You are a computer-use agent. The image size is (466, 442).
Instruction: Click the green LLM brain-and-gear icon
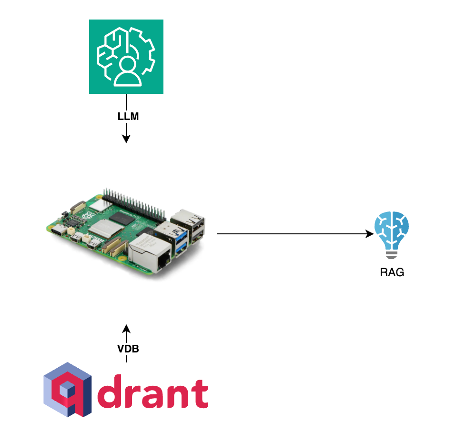[x=126, y=57]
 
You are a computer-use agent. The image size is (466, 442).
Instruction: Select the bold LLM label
[x=128, y=117]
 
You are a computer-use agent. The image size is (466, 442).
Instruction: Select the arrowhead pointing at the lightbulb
[x=369, y=234]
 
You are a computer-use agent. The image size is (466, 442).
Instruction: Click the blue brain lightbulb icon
[x=391, y=233]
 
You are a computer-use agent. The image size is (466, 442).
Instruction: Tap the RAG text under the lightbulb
[x=392, y=273]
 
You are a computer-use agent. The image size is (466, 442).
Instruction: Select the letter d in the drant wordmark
[x=117, y=393]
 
